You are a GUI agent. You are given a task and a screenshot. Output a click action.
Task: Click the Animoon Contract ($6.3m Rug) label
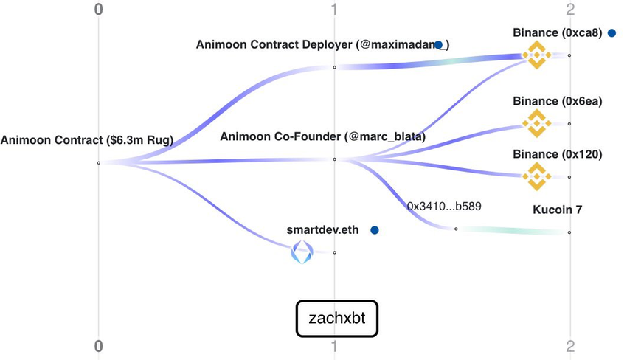[87, 139]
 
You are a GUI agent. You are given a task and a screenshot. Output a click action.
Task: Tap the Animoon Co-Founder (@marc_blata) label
[322, 136]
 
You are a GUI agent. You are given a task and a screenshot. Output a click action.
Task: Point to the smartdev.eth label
[322, 229]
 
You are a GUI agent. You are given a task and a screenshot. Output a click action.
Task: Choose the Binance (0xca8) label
[558, 32]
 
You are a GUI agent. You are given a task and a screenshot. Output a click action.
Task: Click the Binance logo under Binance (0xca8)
[536, 55]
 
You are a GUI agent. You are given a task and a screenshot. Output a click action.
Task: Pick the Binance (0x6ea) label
[558, 101]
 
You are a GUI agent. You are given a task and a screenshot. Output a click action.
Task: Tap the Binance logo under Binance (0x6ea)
[536, 123]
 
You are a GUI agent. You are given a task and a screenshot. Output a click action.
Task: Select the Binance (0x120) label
[558, 154]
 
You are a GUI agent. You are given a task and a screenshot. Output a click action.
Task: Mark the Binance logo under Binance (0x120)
[536, 176]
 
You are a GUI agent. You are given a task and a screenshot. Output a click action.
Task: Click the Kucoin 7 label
[558, 210]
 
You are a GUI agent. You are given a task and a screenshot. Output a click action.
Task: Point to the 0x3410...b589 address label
[444, 207]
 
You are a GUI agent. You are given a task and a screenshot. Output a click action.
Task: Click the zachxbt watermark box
[336, 318]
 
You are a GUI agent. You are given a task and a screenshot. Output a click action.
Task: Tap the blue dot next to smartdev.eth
[375, 230]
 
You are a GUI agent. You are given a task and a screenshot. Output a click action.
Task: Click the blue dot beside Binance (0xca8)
[612, 32]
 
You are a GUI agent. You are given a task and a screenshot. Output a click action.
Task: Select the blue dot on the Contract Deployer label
[438, 45]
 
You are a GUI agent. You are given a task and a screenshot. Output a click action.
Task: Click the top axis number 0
[99, 10]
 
